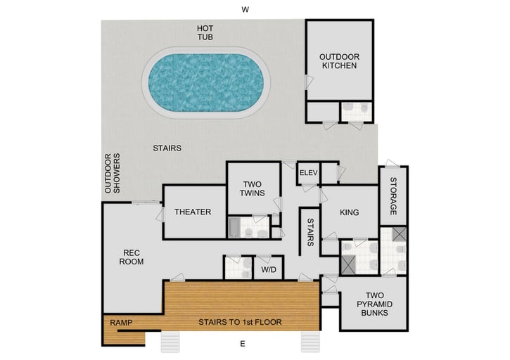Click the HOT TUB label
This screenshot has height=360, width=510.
[205, 32]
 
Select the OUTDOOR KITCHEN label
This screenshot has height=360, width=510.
[339, 60]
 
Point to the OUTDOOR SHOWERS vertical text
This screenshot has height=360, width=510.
[113, 173]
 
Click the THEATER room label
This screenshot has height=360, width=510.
[193, 212]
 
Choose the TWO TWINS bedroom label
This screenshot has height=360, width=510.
[250, 188]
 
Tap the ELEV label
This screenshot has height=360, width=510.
[309, 173]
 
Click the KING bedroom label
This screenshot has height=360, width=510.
[349, 212]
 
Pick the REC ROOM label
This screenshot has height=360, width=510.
[133, 257]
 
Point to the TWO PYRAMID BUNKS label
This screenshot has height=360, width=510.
[373, 304]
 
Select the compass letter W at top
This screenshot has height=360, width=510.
[245, 10]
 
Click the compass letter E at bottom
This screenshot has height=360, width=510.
[243, 345]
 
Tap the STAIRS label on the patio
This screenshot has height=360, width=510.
[167, 148]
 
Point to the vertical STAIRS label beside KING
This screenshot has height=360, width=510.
[310, 232]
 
